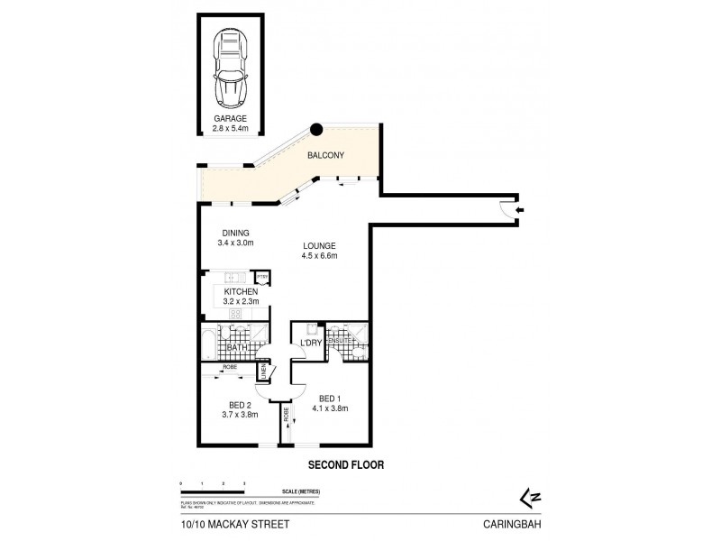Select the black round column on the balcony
316,131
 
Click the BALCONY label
324,156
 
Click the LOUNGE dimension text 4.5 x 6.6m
319,256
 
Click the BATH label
237,347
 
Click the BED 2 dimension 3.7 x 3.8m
241,415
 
